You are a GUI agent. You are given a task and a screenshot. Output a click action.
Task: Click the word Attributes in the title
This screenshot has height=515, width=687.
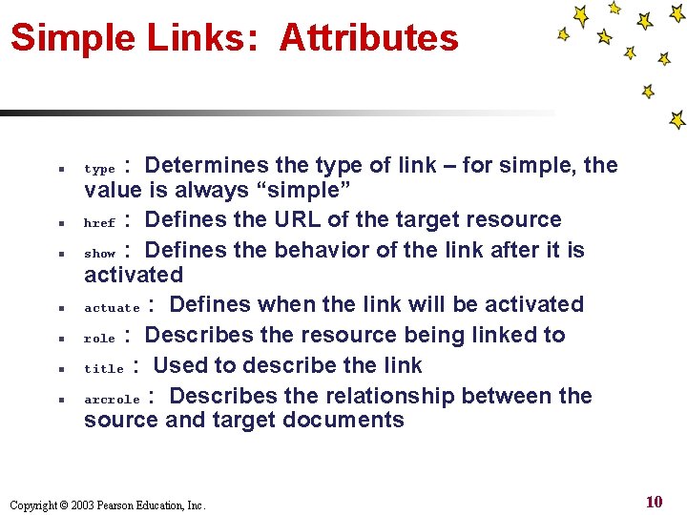tap(368, 39)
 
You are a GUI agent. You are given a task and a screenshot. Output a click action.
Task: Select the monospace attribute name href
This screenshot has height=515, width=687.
tap(99, 223)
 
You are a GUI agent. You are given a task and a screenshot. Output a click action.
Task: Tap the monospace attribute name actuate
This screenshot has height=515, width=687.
tap(113, 308)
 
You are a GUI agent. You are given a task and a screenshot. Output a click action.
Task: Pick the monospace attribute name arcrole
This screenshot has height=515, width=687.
tap(112, 400)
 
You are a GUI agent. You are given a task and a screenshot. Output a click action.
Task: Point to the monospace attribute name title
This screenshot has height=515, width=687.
tap(104, 369)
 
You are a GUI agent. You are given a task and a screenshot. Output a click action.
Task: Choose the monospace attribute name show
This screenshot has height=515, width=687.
tap(99, 254)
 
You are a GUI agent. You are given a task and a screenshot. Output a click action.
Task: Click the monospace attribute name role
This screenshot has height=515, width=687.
tap(99, 339)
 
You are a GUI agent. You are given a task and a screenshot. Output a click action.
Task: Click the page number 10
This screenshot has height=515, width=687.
tap(654, 503)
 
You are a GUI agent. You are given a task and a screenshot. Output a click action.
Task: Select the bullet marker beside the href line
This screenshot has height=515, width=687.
tap(60, 223)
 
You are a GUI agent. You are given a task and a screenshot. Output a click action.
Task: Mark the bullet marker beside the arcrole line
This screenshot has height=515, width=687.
tap(60, 400)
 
